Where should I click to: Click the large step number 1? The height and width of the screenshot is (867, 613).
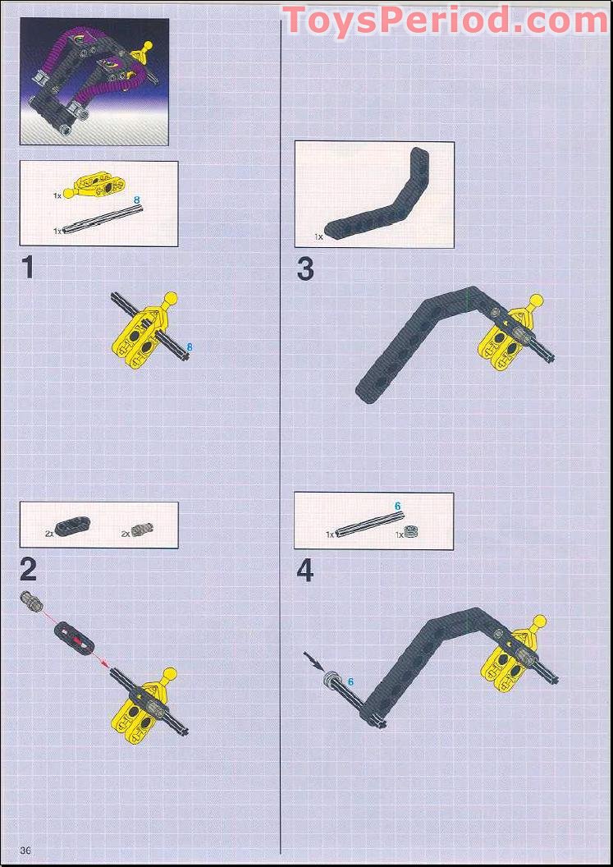[28, 268]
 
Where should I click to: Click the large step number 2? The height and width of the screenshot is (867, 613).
[29, 569]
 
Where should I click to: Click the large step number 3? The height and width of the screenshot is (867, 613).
[305, 268]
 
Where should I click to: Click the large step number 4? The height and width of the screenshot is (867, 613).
[305, 570]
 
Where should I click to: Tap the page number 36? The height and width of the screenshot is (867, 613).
[25, 850]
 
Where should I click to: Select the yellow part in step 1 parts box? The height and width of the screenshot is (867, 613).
[91, 187]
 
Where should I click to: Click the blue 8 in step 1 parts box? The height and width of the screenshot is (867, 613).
[137, 200]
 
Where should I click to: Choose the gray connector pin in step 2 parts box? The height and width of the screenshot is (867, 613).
[143, 530]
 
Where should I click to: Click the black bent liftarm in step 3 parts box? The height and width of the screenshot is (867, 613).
[378, 198]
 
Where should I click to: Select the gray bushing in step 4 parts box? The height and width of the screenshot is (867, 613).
[411, 531]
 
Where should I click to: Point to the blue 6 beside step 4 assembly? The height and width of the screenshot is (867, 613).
[350, 682]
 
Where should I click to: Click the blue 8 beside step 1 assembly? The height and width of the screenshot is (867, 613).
[190, 347]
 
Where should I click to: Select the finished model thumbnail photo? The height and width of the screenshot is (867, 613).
[94, 82]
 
